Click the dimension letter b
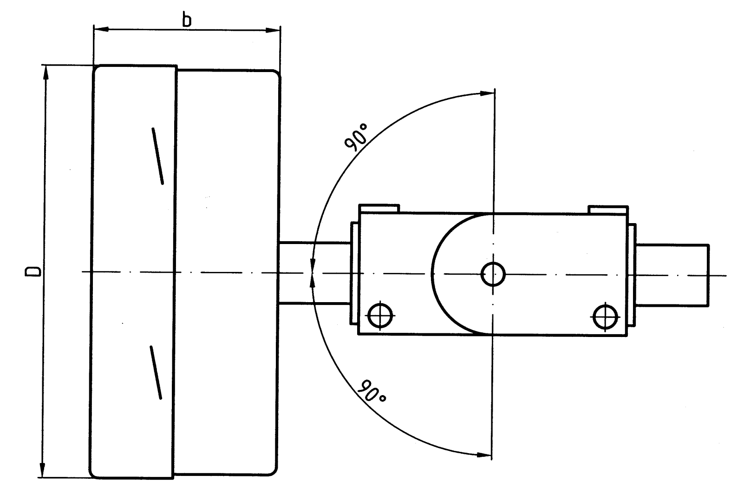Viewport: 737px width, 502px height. pos(187,20)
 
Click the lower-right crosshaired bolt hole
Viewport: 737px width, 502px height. pos(606,316)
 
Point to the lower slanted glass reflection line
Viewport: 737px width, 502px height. pos(156,372)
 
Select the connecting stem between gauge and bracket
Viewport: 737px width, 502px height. pos(314,273)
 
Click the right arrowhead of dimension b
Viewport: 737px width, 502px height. pos(273,30)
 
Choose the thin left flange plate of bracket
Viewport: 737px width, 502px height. pos(355,273)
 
